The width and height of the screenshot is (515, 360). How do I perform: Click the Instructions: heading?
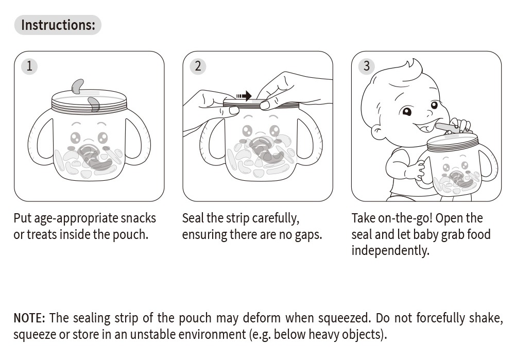point(58,25)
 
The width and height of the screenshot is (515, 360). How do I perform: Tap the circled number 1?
point(29,66)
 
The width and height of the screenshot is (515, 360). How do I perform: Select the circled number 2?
point(198,66)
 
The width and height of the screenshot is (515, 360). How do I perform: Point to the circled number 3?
point(367,66)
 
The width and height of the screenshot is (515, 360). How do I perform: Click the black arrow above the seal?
point(244,96)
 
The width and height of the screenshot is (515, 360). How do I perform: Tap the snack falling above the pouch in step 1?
point(78,87)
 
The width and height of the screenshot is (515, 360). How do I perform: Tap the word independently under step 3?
point(390,251)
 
